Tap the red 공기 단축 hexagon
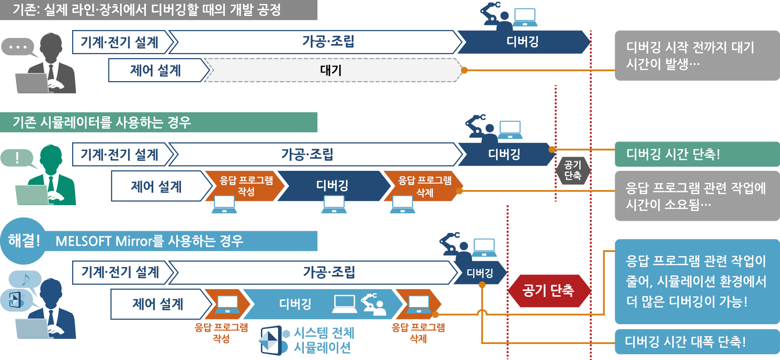coord(549,291)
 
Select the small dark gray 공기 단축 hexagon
coord(573,170)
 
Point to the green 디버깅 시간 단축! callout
coord(697,154)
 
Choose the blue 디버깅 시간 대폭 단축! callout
coord(697,342)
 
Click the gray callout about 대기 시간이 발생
coord(697,55)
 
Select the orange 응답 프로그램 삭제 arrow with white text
coord(424,186)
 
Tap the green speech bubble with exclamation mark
coord(18,158)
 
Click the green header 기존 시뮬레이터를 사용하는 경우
coord(159,122)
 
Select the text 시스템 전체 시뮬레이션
coord(324,340)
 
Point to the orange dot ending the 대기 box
coord(464,70)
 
